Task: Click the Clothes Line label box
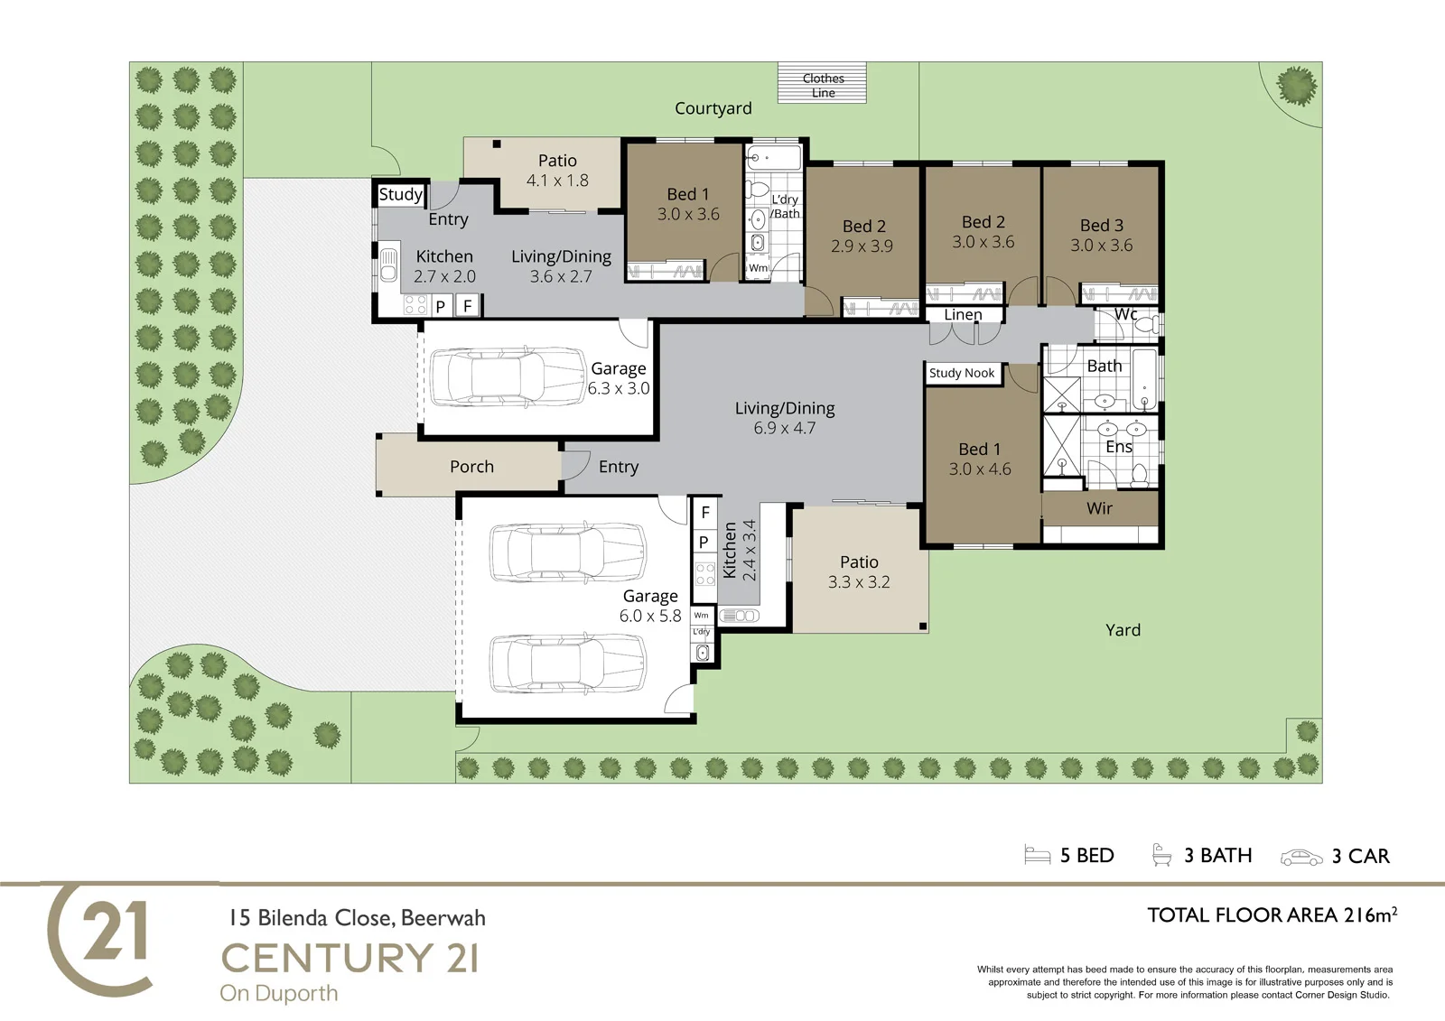click(x=822, y=83)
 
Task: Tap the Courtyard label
click(x=713, y=108)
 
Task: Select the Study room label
click(x=401, y=194)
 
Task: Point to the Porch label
click(x=471, y=467)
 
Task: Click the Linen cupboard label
click(x=963, y=315)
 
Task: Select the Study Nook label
click(x=961, y=373)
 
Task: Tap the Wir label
click(x=1099, y=508)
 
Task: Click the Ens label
click(x=1119, y=447)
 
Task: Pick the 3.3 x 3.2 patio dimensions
click(x=859, y=581)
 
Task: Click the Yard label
click(x=1123, y=630)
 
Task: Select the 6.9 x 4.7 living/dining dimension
click(x=785, y=428)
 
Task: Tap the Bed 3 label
click(x=1102, y=225)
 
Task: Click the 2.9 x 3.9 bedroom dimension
click(x=862, y=246)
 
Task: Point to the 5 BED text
click(x=1087, y=855)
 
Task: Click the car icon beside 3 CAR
click(x=1301, y=858)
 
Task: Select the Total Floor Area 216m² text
click(x=1273, y=915)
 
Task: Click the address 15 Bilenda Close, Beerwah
click(x=358, y=918)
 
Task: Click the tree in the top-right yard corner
click(x=1297, y=87)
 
